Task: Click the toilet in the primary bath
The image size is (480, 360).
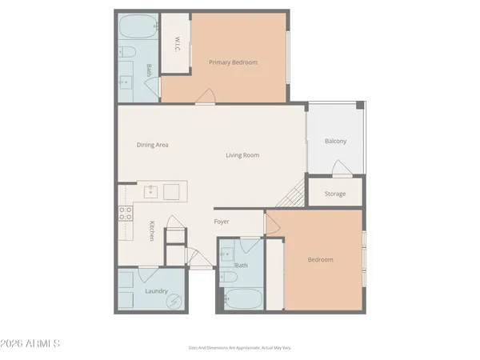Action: pyautogui.click(x=126, y=54)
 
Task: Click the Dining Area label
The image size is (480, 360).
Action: pyautogui.click(x=152, y=145)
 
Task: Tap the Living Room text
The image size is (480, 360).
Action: pyautogui.click(x=242, y=155)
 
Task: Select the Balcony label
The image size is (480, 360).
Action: pyautogui.click(x=335, y=142)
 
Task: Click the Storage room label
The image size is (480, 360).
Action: pyautogui.click(x=335, y=194)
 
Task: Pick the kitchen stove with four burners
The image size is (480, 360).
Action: pyautogui.click(x=126, y=213)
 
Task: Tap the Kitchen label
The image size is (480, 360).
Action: pyautogui.click(x=150, y=231)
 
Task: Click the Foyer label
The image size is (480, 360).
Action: pyautogui.click(x=222, y=222)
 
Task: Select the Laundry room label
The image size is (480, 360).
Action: pyautogui.click(x=155, y=291)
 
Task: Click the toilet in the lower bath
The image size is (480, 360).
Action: pyautogui.click(x=230, y=278)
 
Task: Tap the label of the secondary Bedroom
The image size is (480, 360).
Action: pyautogui.click(x=320, y=259)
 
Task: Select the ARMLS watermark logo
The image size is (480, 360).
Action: pyautogui.click(x=32, y=344)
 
